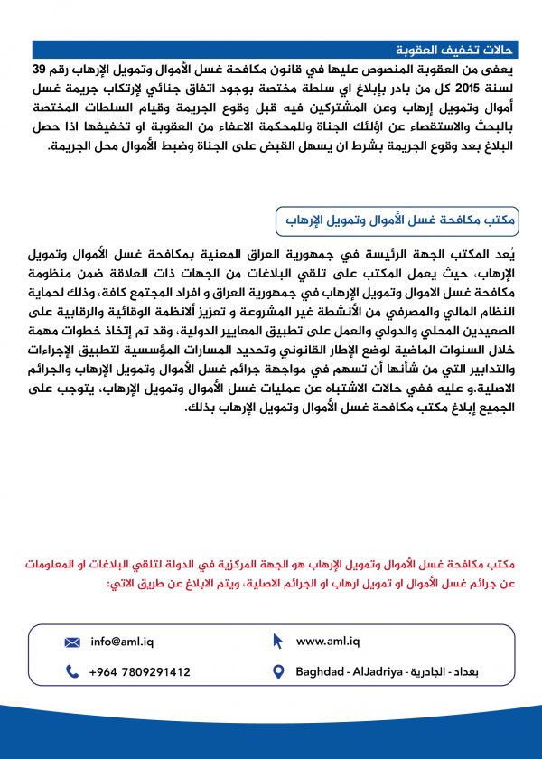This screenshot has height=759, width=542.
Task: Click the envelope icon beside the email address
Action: tap(72, 642)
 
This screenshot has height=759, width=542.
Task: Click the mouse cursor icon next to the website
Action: tap(278, 642)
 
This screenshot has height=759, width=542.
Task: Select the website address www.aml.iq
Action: tap(328, 642)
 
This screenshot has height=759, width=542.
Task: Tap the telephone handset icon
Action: tap(72, 672)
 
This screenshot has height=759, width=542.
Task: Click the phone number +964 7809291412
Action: tap(140, 672)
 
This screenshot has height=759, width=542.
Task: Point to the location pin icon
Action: tap(278, 672)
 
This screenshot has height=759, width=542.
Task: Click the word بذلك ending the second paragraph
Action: tap(199, 410)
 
